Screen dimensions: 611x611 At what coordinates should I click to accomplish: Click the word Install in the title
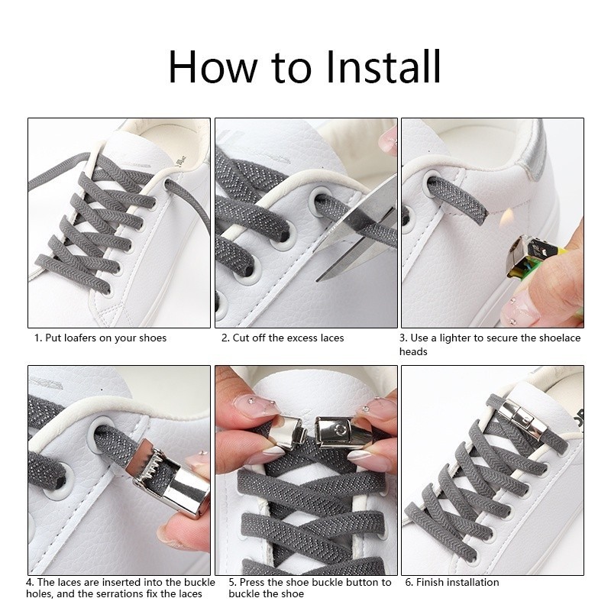[x=383, y=66]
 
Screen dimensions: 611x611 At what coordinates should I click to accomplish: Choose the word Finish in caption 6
[x=430, y=582]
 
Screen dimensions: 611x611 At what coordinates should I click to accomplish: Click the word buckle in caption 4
[x=199, y=582]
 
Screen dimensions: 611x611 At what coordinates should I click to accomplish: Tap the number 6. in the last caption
[x=409, y=582]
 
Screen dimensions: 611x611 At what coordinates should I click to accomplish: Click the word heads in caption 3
[x=413, y=351]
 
